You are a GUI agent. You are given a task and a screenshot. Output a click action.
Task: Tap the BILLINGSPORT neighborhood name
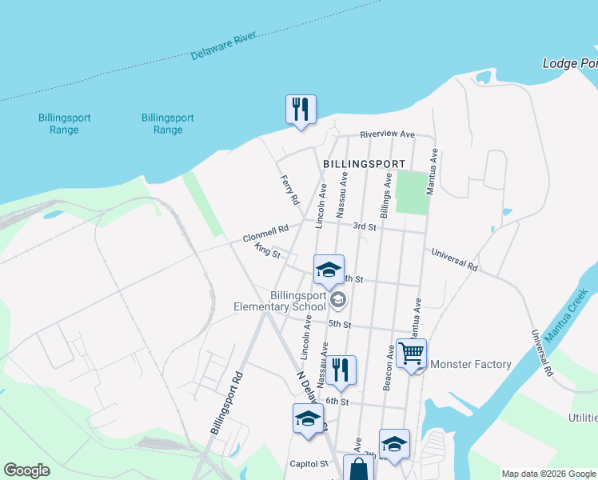[x=365, y=163]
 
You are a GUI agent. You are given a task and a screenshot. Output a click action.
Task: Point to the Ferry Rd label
[x=289, y=190]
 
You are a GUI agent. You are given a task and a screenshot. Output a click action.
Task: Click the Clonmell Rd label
[x=265, y=234]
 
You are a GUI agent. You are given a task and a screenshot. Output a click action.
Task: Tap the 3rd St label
[x=365, y=226]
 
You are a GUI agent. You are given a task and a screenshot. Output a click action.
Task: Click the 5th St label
[x=339, y=324]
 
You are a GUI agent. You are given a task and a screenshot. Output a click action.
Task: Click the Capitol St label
[x=309, y=463]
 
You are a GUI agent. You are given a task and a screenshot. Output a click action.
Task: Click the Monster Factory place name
[x=471, y=365]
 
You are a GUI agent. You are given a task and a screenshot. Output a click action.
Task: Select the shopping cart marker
[x=411, y=353]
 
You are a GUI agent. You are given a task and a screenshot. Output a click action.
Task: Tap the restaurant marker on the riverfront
[x=301, y=110]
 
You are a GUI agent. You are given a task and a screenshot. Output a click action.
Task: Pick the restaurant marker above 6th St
[x=341, y=370]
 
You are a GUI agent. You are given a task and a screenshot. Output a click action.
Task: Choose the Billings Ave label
[x=386, y=198]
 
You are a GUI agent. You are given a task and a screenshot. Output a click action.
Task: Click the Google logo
[x=26, y=470]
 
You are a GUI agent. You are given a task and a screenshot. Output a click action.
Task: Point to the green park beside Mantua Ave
[x=413, y=192]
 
